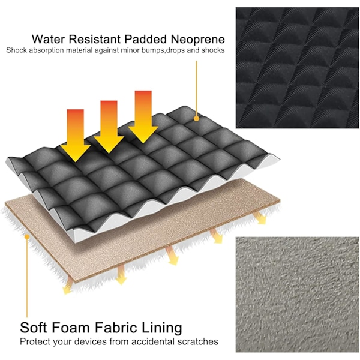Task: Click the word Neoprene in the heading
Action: click(x=197, y=39)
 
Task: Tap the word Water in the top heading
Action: click(x=48, y=39)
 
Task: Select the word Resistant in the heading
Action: click(x=95, y=39)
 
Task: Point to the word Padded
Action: click(x=146, y=39)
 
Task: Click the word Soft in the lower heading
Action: click(x=34, y=327)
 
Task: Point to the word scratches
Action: click(x=197, y=341)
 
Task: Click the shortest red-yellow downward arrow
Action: click(x=76, y=136)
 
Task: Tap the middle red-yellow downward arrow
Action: click(x=109, y=127)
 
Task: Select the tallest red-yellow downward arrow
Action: click(x=143, y=117)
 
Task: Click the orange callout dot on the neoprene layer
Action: click(x=196, y=119)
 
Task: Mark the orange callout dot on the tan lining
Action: click(x=27, y=236)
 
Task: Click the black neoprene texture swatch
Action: click(x=297, y=68)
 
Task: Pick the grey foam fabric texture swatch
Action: click(x=297, y=295)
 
